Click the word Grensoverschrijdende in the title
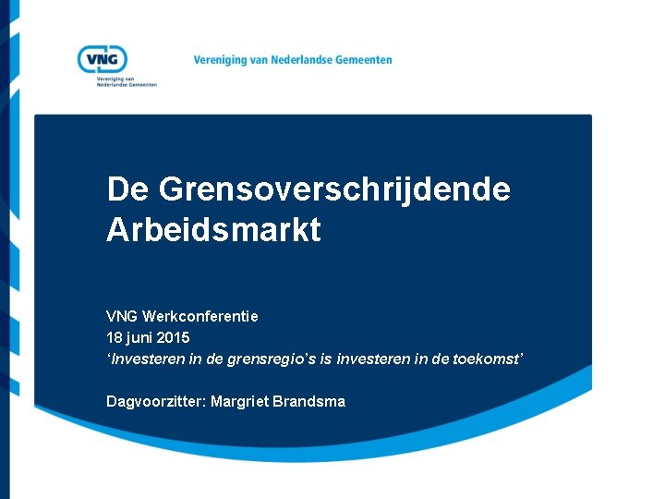(x=333, y=189)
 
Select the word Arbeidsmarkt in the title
(x=213, y=230)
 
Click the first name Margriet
(x=234, y=402)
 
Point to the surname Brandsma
(x=308, y=402)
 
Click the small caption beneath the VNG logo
(x=127, y=81)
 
